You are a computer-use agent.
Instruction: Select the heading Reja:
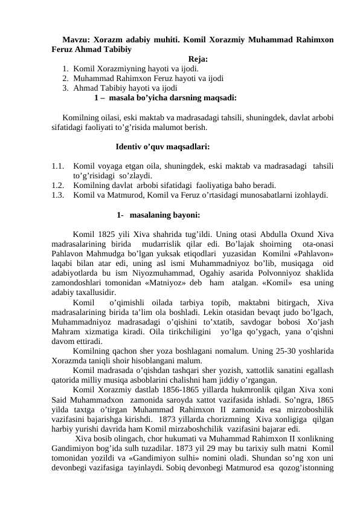(198, 59)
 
